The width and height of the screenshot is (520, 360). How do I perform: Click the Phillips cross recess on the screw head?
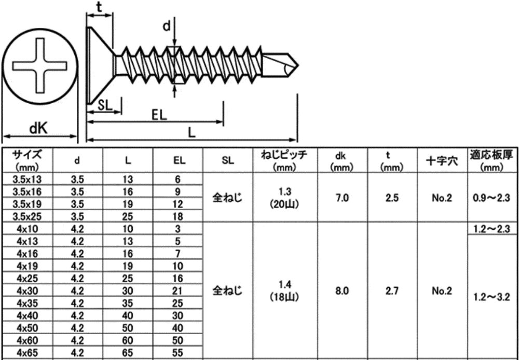tap(40, 65)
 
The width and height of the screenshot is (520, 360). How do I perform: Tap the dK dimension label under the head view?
tap(38, 128)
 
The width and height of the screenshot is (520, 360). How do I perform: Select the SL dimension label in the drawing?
tap(105, 105)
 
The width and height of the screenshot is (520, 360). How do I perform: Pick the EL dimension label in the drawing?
tap(159, 115)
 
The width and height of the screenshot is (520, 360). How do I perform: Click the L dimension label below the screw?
tap(191, 133)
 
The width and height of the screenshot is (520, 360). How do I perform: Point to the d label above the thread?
tap(167, 25)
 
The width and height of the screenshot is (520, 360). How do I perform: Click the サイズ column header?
tap(27, 160)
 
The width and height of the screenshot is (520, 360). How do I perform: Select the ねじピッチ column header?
tap(284, 160)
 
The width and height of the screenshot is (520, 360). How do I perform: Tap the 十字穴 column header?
tap(442, 161)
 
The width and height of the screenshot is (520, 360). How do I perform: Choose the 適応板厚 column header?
tap(492, 160)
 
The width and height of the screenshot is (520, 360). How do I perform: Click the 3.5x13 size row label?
tap(27, 179)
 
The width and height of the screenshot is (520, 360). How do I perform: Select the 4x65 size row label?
tap(27, 352)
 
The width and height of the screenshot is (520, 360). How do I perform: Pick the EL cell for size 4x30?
tap(178, 290)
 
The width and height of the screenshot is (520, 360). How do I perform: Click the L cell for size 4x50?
tap(128, 328)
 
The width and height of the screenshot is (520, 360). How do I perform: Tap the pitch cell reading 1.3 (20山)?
tap(284, 198)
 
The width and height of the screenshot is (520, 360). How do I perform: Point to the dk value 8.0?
tap(342, 290)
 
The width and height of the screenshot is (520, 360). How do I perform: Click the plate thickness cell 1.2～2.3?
tap(492, 229)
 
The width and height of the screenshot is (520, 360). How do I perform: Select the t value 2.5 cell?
tap(392, 198)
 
